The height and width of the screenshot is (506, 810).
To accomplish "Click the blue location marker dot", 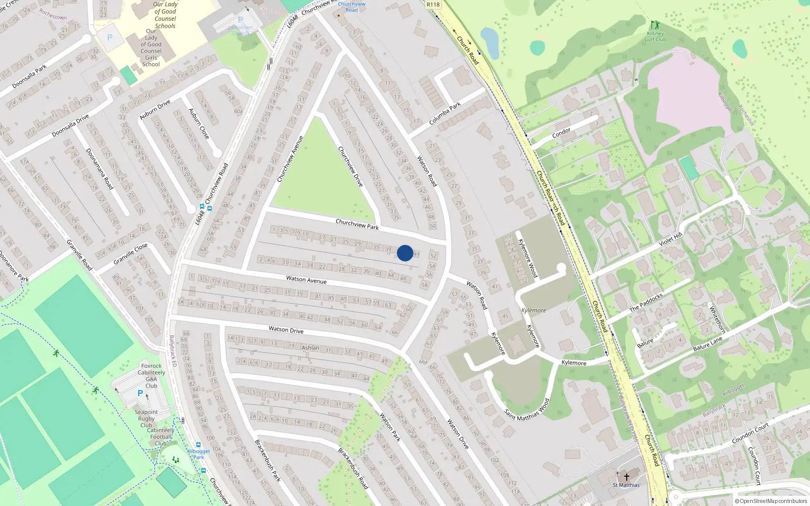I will tap(404, 253).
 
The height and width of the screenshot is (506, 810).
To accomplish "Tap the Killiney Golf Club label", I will tap(655, 36).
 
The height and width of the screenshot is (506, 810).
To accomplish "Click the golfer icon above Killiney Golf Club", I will tap(655, 24).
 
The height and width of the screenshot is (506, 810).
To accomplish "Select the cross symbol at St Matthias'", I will tap(626, 477).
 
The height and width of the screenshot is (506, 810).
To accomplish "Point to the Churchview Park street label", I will tap(357, 224).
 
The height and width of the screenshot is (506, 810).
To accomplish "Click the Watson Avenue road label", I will tap(306, 279).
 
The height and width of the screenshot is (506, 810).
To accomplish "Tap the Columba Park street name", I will tap(445, 113).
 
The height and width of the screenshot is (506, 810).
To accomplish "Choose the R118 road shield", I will tap(433, 5).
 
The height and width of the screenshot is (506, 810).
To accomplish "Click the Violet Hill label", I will tap(671, 239).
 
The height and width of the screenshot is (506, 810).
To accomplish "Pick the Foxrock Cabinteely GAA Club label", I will tap(151, 375).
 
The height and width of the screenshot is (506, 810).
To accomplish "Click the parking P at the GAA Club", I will tap(140, 393).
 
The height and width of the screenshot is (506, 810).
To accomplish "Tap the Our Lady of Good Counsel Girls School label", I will tap(151, 48).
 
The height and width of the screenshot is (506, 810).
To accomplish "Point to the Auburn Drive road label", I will tap(155, 110).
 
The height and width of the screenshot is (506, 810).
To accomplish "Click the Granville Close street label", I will tap(131, 253).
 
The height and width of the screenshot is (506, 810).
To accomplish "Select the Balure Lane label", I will tap(708, 344).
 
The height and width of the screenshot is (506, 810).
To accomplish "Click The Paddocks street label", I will tap(646, 303).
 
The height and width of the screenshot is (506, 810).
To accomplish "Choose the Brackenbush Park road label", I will tap(267, 460).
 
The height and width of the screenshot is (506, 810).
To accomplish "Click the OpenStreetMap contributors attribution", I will tap(771, 501).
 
